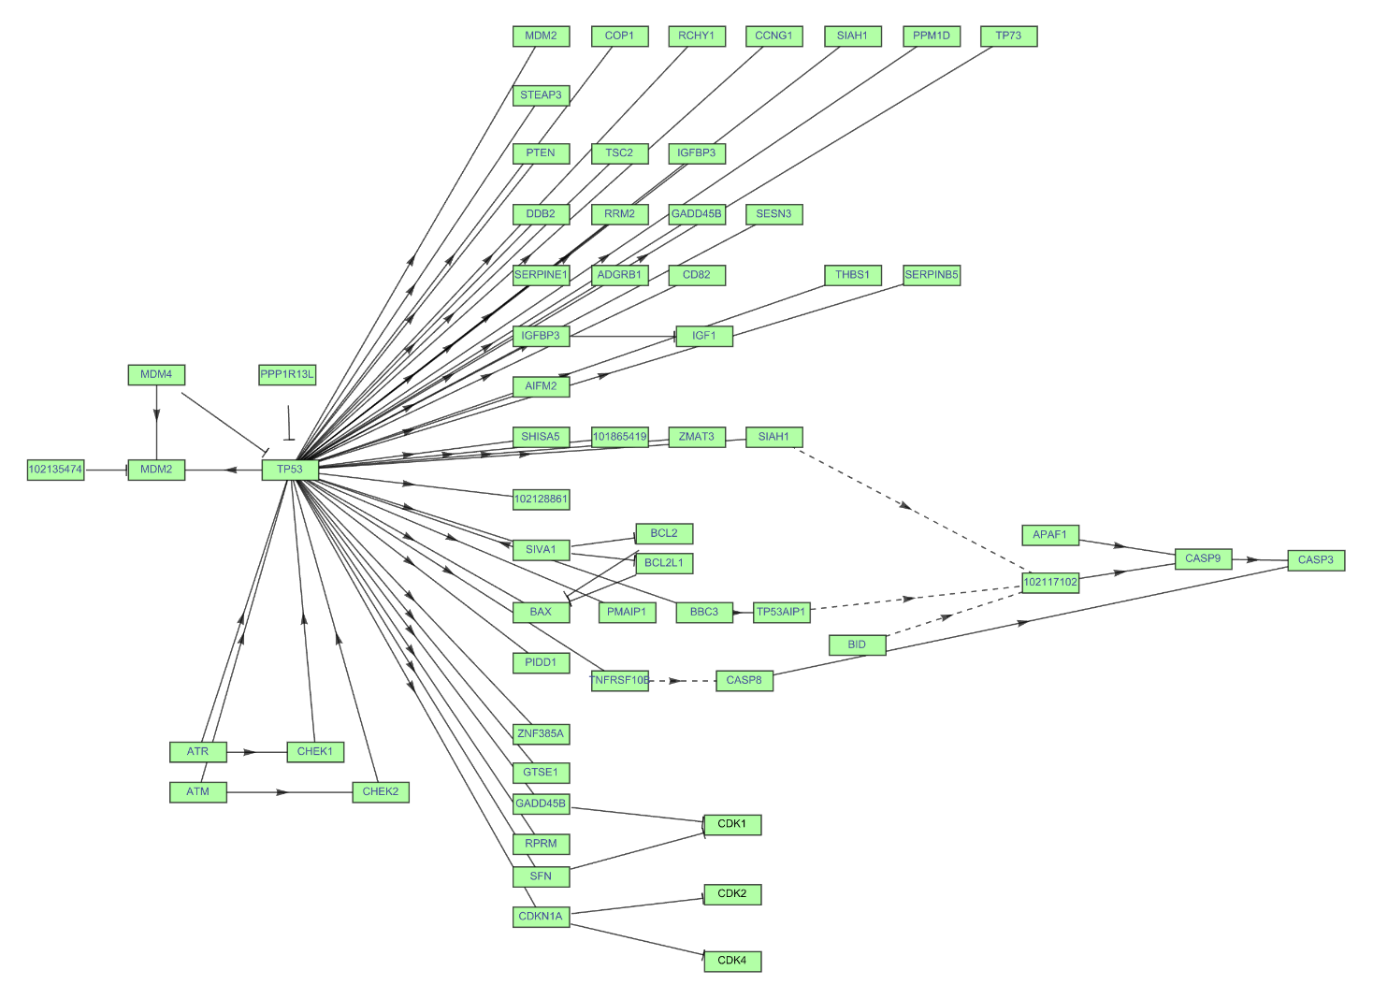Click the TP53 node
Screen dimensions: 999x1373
point(290,470)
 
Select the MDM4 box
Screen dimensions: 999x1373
point(156,375)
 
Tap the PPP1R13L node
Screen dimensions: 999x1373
point(287,375)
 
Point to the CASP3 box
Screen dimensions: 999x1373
point(1316,560)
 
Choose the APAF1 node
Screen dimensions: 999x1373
point(1050,535)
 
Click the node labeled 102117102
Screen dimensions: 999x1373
point(1050,582)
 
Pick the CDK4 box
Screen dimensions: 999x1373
point(732,961)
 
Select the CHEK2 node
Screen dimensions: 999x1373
point(381,792)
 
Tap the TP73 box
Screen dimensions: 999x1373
point(1009,36)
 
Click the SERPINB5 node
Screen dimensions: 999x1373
point(932,275)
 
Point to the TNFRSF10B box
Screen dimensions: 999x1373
point(619,680)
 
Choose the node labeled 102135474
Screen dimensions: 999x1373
point(56,470)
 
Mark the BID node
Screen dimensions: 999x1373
point(857,644)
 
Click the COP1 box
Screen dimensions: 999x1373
point(619,36)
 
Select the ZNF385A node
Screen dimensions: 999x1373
point(541,734)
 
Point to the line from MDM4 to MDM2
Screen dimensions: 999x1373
point(156,421)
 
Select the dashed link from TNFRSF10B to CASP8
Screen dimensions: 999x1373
point(682,681)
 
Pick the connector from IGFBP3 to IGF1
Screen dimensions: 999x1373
point(622,336)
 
